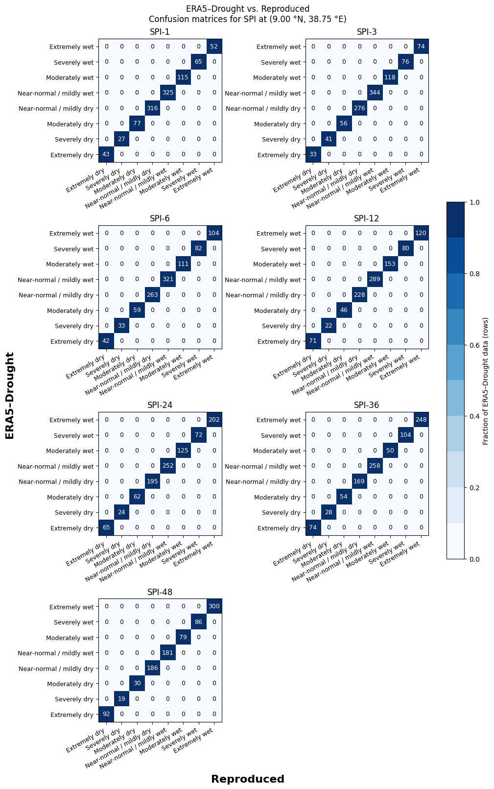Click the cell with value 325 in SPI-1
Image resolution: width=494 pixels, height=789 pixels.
click(x=168, y=93)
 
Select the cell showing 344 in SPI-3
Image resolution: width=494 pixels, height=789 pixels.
click(x=375, y=93)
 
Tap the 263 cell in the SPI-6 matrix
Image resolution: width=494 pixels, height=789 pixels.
click(x=152, y=295)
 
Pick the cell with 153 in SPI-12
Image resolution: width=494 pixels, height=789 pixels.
click(x=390, y=264)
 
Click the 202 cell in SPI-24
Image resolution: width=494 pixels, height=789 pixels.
click(x=214, y=420)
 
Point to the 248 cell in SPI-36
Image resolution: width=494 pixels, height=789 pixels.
click(x=421, y=420)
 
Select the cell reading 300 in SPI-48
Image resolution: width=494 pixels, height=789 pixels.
click(x=214, y=606)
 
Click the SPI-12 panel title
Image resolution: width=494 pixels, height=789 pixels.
click(x=367, y=219)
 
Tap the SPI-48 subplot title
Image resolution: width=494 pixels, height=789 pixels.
click(x=160, y=592)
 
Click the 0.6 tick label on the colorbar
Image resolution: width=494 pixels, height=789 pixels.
click(x=474, y=345)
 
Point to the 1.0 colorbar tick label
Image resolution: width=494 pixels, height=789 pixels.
click(x=474, y=202)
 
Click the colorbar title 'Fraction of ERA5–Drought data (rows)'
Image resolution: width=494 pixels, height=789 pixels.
click(x=486, y=381)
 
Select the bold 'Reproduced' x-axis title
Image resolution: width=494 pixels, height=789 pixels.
click(x=248, y=779)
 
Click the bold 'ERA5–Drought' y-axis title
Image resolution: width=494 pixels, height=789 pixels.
click(x=9, y=396)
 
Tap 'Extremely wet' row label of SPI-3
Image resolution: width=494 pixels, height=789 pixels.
click(x=279, y=47)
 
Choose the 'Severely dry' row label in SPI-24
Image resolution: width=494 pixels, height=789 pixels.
click(x=74, y=512)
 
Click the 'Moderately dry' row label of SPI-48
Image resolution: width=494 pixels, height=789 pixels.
click(x=70, y=684)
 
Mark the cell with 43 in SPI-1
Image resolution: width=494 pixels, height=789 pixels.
click(x=106, y=155)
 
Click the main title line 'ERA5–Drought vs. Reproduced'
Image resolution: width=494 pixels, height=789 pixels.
click(x=248, y=9)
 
